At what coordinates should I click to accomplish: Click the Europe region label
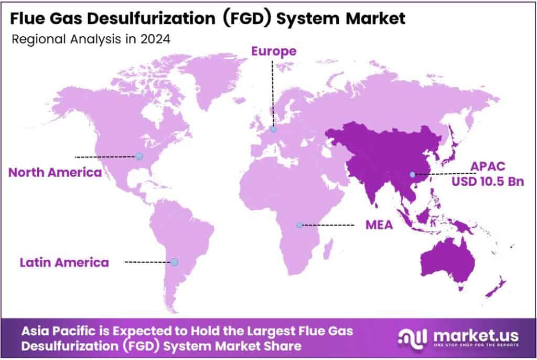coord(273,51)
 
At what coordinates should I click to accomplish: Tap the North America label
coord(55,172)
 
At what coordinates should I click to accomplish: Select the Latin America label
coord(65,262)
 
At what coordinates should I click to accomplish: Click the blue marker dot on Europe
coord(273,130)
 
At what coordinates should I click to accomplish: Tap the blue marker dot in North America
coord(138,156)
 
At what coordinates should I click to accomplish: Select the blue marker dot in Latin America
coord(174,262)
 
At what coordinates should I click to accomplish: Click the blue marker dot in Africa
coord(299,225)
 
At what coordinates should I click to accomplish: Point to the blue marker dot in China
coord(412,174)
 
